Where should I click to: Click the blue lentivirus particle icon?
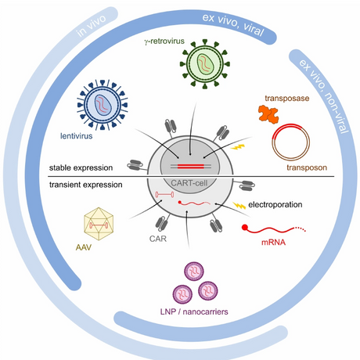click(x=103, y=105)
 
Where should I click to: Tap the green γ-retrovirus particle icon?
click(x=205, y=64)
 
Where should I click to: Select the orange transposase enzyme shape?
click(x=268, y=114)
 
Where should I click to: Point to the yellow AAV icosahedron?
click(x=99, y=224)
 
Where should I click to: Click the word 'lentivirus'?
click(x=77, y=136)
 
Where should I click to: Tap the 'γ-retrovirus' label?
click(x=164, y=41)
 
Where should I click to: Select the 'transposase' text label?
click(x=287, y=99)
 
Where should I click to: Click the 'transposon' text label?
click(x=307, y=167)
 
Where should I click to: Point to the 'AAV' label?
click(x=84, y=247)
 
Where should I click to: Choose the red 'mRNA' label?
click(x=273, y=243)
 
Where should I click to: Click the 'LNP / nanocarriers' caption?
click(x=194, y=311)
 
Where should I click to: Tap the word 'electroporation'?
click(x=275, y=204)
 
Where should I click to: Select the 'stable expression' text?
click(x=81, y=167)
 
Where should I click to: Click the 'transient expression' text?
click(x=86, y=185)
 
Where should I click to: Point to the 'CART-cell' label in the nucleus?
click(x=189, y=183)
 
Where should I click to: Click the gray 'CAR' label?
click(x=158, y=239)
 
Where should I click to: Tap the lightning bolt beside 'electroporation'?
click(x=239, y=206)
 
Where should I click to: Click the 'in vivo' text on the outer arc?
click(x=91, y=25)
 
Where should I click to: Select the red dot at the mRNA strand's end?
click(x=245, y=228)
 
